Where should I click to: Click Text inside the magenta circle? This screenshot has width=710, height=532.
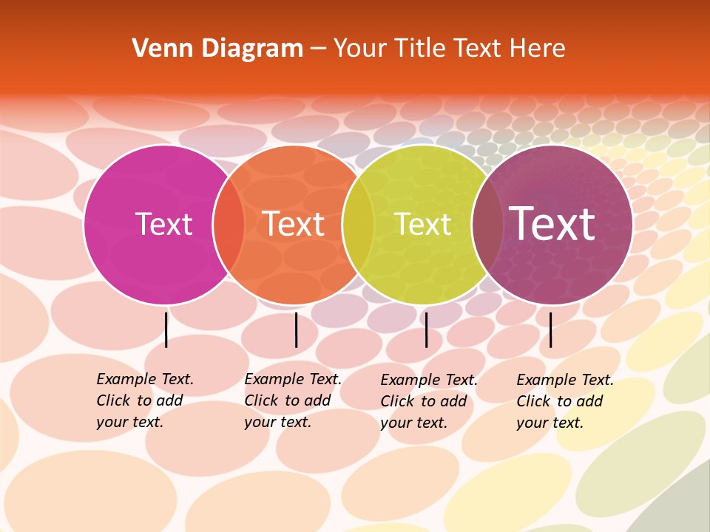[163, 225]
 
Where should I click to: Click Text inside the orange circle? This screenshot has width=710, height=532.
[294, 225]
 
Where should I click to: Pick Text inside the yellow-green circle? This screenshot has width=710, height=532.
[422, 225]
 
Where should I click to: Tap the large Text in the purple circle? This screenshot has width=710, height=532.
[552, 224]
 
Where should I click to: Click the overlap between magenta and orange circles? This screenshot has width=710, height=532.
[229, 225]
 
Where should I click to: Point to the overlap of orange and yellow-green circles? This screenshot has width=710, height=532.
[358, 225]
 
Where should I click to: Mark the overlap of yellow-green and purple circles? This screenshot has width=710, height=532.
[487, 225]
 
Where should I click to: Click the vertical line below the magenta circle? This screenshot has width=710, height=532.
[166, 330]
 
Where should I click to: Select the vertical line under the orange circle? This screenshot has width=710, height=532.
[296, 330]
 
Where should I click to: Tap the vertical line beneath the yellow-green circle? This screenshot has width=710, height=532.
[426, 330]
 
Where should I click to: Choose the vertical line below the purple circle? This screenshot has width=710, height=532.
[550, 330]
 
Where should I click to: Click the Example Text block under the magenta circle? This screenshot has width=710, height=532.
[144, 400]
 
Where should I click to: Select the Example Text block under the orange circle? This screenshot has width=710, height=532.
[292, 400]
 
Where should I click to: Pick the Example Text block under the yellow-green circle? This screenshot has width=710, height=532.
[428, 401]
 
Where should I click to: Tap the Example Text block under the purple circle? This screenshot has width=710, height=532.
[564, 401]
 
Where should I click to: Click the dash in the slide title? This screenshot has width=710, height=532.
[318, 49]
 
